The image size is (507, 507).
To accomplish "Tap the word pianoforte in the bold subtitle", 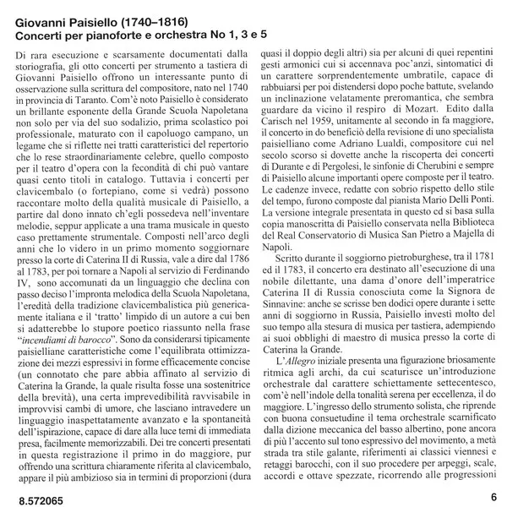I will click(106, 28).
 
